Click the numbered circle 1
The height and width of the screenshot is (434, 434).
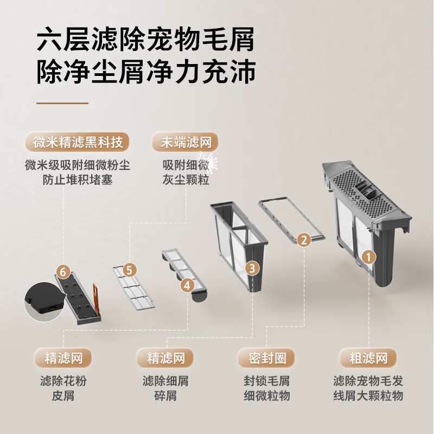click(368, 257)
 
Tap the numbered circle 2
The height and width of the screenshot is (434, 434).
click(304, 240)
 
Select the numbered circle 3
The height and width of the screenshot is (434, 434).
click(252, 268)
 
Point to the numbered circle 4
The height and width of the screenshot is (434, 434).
click(187, 285)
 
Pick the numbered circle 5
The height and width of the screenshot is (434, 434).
click(129, 270)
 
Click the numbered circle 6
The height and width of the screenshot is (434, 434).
click(63, 272)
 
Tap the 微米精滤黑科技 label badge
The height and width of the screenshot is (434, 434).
click(78, 142)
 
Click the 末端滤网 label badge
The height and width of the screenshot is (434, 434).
click(185, 142)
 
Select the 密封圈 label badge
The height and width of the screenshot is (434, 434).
click(266, 358)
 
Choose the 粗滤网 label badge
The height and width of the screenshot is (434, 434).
click(368, 358)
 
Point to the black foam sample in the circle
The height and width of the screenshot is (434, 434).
click(44, 302)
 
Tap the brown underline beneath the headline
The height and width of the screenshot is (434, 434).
click(62, 103)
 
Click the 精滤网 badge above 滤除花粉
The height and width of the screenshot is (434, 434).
click(63, 358)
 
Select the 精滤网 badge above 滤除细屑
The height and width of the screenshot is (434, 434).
click(165, 358)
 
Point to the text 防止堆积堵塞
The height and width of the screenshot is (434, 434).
click(78, 180)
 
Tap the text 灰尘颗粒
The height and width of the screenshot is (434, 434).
click(186, 180)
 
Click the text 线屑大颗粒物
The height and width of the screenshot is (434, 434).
click(368, 395)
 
